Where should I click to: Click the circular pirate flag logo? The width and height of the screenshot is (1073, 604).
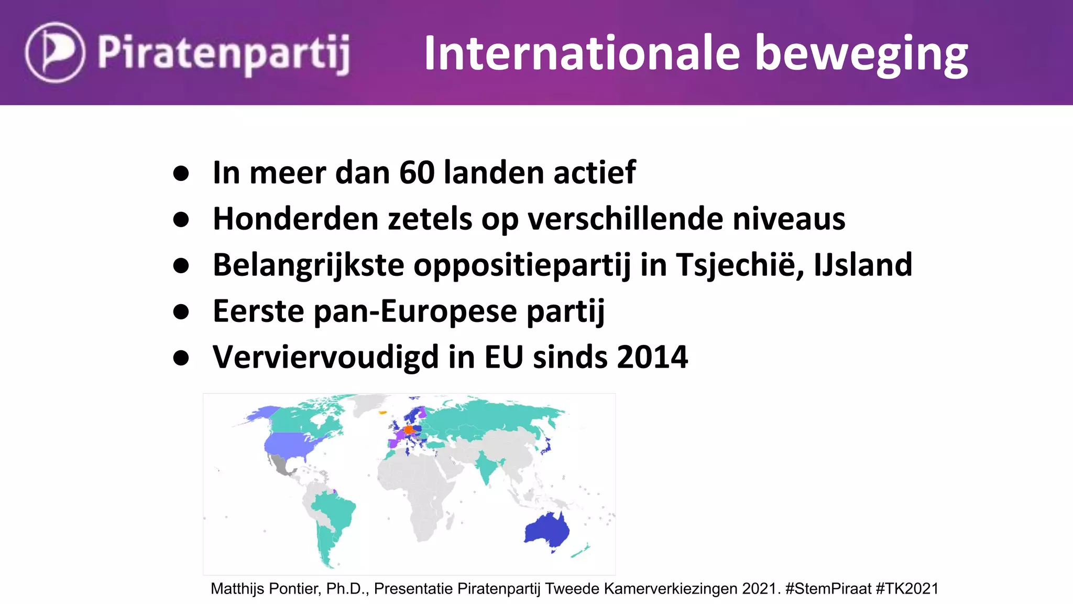tap(54, 52)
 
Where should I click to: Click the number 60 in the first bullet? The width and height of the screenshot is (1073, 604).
tap(417, 172)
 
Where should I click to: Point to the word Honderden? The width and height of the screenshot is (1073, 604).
tap(295, 219)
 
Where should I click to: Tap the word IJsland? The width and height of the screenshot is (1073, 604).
tap(863, 265)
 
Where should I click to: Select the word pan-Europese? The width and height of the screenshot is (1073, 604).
tap(415, 311)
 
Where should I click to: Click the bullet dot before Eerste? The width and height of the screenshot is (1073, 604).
tap(181, 312)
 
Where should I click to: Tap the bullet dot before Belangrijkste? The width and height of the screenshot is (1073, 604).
tap(181, 266)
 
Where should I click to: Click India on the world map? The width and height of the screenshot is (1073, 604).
tap(487, 467)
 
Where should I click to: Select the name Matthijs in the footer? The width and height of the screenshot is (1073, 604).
tap(237, 589)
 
